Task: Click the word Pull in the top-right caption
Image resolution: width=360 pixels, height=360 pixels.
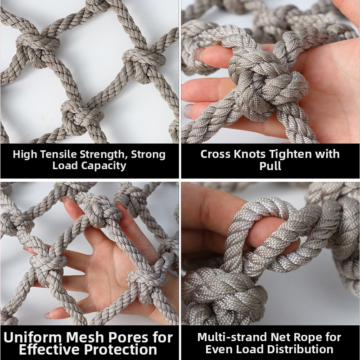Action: point(270,166)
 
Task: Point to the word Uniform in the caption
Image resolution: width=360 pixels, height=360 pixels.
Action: point(32,337)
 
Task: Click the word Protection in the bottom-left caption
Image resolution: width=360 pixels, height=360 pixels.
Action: point(120,350)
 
